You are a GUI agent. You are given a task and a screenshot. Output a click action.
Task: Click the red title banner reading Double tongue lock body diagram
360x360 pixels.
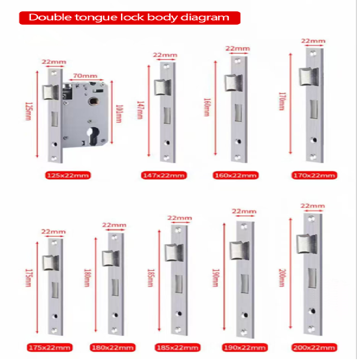point(130,18)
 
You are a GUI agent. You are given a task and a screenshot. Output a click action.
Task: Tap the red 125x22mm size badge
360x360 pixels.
point(68,175)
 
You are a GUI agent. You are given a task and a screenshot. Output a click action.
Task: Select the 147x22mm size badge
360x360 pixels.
point(164,175)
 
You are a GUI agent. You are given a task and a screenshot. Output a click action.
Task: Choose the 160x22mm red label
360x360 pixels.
point(235,175)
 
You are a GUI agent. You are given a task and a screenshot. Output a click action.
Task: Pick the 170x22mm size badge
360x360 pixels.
point(314,175)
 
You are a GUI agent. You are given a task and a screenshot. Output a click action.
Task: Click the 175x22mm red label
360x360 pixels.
point(49,347)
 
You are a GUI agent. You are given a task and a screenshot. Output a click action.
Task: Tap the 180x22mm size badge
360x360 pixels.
point(112,347)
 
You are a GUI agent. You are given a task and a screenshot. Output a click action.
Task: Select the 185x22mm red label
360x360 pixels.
point(177,347)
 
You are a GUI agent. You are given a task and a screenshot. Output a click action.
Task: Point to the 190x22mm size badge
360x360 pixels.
point(245,347)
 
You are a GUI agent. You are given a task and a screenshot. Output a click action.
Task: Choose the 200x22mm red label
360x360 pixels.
point(314,347)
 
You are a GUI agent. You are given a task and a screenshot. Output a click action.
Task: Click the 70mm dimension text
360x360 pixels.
point(85,76)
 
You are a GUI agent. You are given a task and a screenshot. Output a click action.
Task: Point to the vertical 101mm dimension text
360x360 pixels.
point(119,114)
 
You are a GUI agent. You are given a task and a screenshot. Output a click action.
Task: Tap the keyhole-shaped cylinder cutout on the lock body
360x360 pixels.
point(93,136)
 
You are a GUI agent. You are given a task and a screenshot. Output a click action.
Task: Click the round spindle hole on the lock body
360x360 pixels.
point(94,101)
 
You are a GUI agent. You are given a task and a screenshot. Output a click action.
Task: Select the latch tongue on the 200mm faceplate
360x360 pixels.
point(307,244)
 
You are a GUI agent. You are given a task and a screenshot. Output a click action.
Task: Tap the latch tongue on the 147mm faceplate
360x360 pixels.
point(163,87)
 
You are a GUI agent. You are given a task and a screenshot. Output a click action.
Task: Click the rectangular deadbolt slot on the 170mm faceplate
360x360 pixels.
point(314,109)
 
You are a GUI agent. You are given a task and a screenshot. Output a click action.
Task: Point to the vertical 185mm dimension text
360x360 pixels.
point(151,278)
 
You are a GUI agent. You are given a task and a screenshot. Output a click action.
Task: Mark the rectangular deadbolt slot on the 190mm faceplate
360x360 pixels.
point(245,283)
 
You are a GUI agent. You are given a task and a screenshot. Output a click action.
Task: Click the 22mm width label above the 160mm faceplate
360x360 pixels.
point(238,49)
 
